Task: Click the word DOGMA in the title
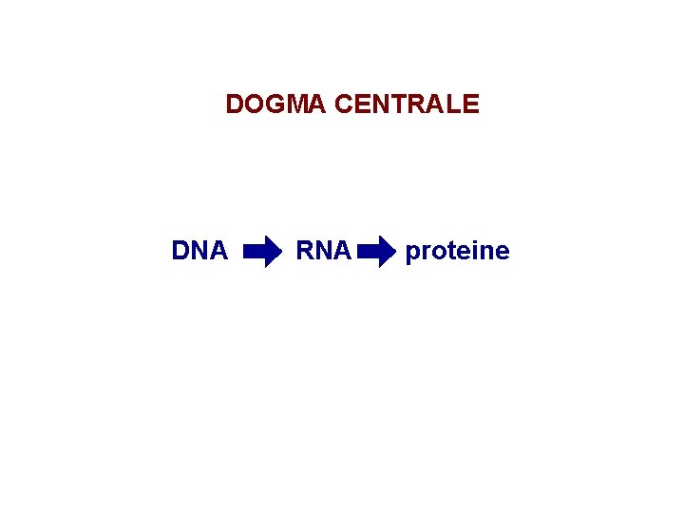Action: pyautogui.click(x=276, y=104)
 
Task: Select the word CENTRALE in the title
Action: pyautogui.click(x=408, y=104)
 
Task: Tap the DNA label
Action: pyautogui.click(x=199, y=251)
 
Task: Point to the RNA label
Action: pyautogui.click(x=324, y=251)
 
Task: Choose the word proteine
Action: pyautogui.click(x=457, y=252)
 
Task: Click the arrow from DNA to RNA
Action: pyautogui.click(x=262, y=252)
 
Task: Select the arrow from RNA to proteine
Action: pyautogui.click(x=377, y=252)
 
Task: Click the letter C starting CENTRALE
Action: pyautogui.click(x=345, y=104)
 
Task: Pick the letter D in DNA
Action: pyautogui.click(x=180, y=251)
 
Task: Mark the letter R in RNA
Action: pyautogui.click(x=306, y=251)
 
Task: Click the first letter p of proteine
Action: pyautogui.click(x=412, y=254)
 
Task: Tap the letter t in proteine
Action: pyautogui.click(x=446, y=252)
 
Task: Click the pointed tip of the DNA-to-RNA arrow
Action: pyautogui.click(x=280, y=252)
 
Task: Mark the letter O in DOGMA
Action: pyautogui.click(x=253, y=104)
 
